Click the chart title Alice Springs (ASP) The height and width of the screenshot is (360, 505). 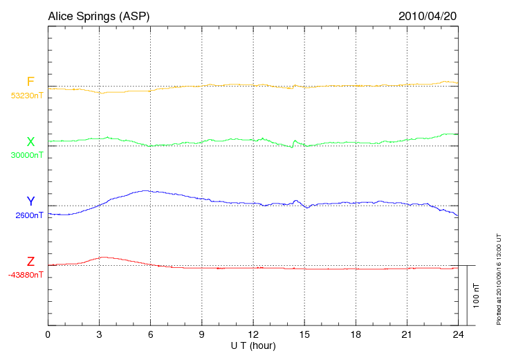(x=98, y=16)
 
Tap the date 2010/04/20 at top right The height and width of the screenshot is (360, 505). (x=428, y=16)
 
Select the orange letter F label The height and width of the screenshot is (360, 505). (x=30, y=82)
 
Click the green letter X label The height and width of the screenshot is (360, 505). (x=30, y=142)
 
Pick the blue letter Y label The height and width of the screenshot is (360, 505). (x=30, y=201)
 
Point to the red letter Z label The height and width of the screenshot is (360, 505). (x=30, y=262)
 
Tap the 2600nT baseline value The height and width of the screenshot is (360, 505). (x=29, y=215)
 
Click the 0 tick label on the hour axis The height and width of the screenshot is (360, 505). (x=48, y=334)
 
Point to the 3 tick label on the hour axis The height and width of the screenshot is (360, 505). (x=99, y=334)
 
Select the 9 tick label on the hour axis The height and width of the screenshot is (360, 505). (x=202, y=334)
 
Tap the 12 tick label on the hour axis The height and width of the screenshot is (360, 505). (x=253, y=334)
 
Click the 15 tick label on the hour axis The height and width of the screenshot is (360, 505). (x=304, y=334)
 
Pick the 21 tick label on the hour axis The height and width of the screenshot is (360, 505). (x=407, y=334)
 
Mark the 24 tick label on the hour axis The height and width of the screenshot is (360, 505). (x=458, y=334)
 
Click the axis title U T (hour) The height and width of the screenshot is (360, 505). (x=253, y=345)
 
